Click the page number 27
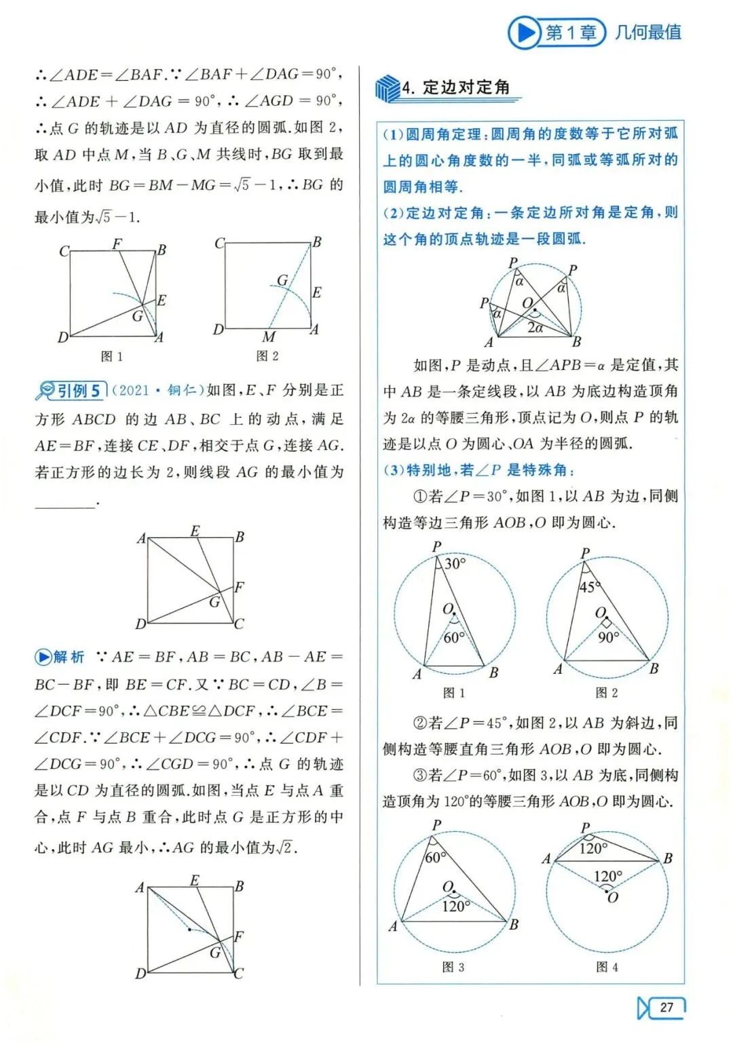click(x=666, y=1007)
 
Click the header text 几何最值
click(x=648, y=32)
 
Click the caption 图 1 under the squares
click(x=112, y=356)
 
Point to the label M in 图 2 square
click(x=269, y=337)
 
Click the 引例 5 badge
click(x=71, y=391)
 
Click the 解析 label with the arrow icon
click(x=60, y=657)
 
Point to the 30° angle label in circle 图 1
click(x=454, y=563)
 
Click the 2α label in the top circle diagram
click(x=535, y=328)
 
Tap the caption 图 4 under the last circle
click(x=607, y=967)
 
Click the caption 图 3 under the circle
click(x=453, y=967)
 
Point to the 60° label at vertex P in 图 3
click(x=435, y=857)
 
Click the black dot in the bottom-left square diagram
click(x=189, y=930)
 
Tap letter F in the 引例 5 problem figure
click(x=239, y=587)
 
